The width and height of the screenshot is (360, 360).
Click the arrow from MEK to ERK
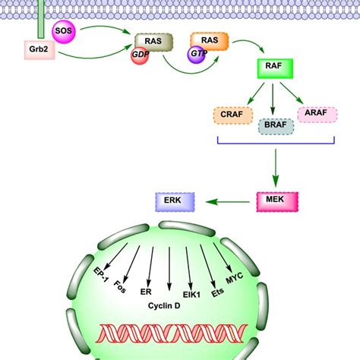228,201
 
